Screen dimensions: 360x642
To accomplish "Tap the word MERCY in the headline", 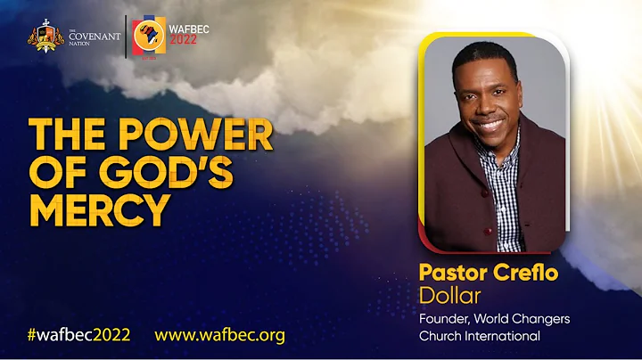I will [99, 209].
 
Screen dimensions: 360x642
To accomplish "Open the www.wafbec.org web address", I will [219, 335].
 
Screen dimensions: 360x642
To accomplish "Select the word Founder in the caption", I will [444, 318].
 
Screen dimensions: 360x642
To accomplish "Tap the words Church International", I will [480, 336].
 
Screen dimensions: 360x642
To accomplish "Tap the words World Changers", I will [535, 318].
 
